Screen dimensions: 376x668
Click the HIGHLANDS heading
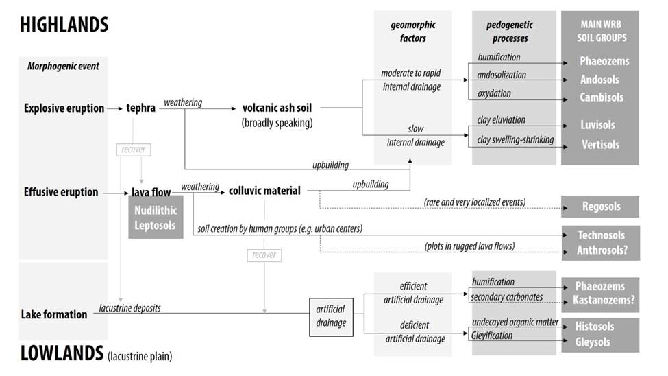coord(64,25)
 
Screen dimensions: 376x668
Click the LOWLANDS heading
coord(62,353)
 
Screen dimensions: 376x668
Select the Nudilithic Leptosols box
coord(156,218)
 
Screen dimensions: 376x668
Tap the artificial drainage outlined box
coord(331,316)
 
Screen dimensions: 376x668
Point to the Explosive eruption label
coord(64,108)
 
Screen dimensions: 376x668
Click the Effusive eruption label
coord(60,192)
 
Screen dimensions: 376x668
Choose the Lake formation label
coord(55,314)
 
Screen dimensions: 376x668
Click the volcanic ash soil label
coord(278,108)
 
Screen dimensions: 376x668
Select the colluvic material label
coord(264,191)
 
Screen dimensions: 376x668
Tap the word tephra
coord(141,108)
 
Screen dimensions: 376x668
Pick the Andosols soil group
coord(599,80)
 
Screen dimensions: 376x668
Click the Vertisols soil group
coord(599,145)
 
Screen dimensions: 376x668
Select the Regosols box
coord(599,207)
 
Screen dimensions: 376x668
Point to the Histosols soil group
coord(595,326)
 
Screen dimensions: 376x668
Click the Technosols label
coord(601,235)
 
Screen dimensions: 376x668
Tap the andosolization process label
coord(502,75)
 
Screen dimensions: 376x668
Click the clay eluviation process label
coord(501,120)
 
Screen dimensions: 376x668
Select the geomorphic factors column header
coord(412,32)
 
